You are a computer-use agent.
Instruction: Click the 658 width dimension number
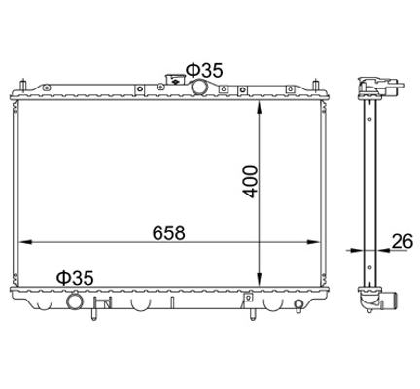tap(168, 233)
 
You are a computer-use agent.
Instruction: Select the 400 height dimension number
tap(250, 180)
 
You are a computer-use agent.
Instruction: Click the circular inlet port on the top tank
tap(200, 88)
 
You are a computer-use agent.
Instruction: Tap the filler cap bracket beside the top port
tap(176, 81)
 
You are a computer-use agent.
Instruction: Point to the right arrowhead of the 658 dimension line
tap(320, 242)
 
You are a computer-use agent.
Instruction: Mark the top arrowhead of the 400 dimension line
tap(259, 105)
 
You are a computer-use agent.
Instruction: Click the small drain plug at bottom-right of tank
tap(295, 308)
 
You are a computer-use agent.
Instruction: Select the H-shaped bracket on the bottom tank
tap(99, 310)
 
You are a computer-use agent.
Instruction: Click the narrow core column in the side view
tap(370, 185)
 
